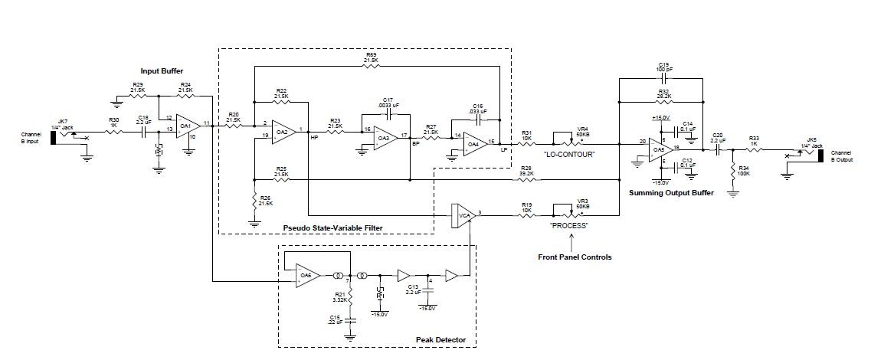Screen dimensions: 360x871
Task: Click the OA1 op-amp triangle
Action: (x=186, y=125)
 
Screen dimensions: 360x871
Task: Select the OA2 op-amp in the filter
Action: (x=283, y=132)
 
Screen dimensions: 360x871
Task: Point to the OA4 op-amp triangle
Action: (x=474, y=143)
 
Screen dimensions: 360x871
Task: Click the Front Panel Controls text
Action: (x=574, y=257)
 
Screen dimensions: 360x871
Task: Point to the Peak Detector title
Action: (x=440, y=339)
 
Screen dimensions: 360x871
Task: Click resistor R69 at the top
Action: (x=371, y=66)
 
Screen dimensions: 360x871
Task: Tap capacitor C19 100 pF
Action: (x=663, y=78)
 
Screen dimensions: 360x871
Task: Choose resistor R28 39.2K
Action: (x=526, y=180)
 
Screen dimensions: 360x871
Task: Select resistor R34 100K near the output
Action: (x=733, y=170)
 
